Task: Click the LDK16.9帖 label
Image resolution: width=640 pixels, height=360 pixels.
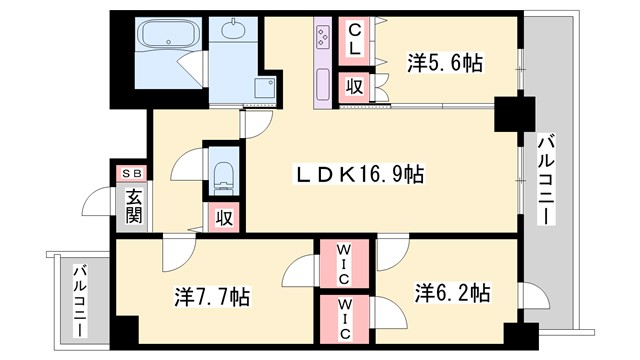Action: [356, 175]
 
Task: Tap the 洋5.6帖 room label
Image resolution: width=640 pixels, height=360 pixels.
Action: [444, 63]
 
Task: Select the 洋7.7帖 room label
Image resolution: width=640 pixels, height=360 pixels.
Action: [212, 297]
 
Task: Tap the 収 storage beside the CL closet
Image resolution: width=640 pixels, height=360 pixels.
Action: [354, 86]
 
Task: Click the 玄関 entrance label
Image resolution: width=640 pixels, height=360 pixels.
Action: [134, 207]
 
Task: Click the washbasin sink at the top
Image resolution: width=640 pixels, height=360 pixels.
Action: [233, 30]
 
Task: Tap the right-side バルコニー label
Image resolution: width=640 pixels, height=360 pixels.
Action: [547, 180]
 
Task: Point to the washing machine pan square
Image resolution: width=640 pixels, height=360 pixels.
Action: [264, 90]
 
